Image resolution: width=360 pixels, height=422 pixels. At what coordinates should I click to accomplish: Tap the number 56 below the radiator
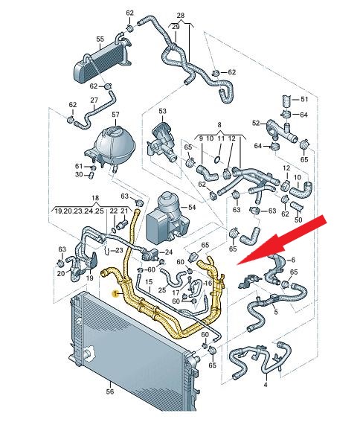coord(110,391)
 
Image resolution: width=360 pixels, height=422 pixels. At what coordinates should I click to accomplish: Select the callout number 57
coord(115,115)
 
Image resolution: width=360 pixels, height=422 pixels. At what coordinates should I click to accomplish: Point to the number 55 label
coord(100,39)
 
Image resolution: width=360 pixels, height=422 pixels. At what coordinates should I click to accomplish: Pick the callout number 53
coord(162,111)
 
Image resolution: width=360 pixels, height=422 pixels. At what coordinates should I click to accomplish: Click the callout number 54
coord(192,207)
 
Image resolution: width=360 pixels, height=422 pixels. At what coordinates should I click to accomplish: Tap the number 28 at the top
coord(181,16)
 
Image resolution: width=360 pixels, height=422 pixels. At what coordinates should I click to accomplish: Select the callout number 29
coord(176,27)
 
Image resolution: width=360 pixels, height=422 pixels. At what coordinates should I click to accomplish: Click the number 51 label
coord(304,99)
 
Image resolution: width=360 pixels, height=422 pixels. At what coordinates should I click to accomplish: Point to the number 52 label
coord(256,123)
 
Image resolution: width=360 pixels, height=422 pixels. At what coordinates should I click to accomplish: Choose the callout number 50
coord(298,220)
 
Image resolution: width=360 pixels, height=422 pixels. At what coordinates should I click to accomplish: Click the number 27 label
coord(94,100)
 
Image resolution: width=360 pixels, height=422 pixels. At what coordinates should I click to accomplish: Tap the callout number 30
coord(79,175)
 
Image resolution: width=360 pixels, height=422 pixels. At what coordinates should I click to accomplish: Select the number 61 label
coord(79,166)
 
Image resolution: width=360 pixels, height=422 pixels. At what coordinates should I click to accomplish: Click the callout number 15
coord(149,282)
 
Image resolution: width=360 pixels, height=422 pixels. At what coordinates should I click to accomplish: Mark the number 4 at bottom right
coord(266,385)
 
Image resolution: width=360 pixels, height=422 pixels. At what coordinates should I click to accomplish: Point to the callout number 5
coord(276,312)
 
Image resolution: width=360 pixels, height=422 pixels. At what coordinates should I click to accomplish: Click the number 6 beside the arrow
coord(293,260)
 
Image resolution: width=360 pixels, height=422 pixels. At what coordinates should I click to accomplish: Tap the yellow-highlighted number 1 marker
coord(115,294)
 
